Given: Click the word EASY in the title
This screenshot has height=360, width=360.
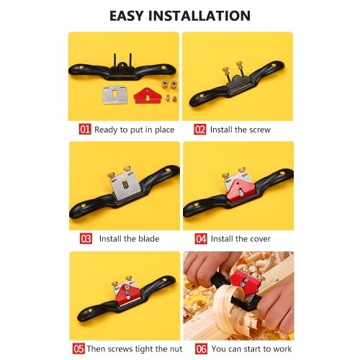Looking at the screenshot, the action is [x=126, y=16].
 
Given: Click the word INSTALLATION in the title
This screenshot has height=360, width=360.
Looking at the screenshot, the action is [x=199, y=16].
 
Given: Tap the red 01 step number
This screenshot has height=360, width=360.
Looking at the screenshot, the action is [x=85, y=130].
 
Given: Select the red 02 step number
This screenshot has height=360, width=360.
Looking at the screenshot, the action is [x=200, y=130].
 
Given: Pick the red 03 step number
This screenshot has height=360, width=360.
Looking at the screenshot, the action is [x=86, y=238].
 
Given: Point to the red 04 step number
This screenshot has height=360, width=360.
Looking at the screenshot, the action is [x=201, y=238].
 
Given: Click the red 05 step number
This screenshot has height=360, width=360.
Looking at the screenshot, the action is [x=78, y=348].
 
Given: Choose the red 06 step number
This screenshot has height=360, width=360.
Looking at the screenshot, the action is [x=201, y=348].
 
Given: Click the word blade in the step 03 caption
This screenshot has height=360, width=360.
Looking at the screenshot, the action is [x=149, y=239].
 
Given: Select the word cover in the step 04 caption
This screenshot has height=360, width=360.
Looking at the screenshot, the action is [x=260, y=239].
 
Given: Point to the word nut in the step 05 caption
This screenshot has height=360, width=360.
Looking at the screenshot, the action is [x=176, y=349].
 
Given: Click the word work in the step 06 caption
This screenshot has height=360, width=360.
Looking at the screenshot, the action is [x=282, y=348].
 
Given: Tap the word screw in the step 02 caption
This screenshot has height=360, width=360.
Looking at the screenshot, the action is [x=260, y=130].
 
